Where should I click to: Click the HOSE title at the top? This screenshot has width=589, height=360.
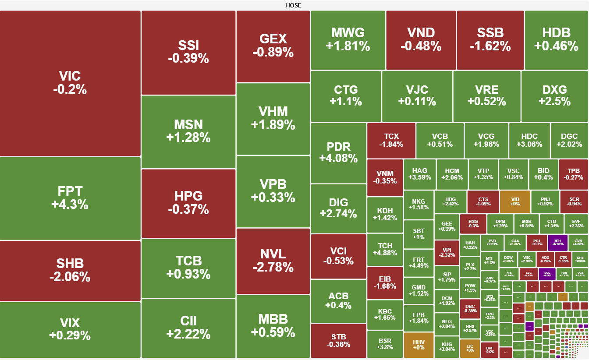pos(293,5)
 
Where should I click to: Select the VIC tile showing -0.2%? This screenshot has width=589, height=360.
pos(70,83)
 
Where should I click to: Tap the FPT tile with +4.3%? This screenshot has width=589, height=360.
pos(70,198)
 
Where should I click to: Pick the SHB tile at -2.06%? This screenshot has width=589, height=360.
pos(70,270)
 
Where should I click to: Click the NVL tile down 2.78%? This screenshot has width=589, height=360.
pos(273,260)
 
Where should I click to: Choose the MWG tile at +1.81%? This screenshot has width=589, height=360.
pos(348,39)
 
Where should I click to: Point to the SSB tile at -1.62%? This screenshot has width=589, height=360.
pos(490,39)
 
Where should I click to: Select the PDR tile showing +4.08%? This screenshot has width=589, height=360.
pos(338,152)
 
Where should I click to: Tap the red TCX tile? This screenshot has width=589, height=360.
pos(391,140)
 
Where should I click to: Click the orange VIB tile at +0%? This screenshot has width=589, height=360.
pos(515,201)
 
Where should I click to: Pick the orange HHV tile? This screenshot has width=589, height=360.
pos(419,344)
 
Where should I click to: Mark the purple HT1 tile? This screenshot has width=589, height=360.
pos(557,242)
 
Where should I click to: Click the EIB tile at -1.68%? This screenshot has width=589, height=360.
pos(385,282)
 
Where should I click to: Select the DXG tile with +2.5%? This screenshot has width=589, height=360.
pos(554,95)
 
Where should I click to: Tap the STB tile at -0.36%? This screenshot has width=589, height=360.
pos(338,340)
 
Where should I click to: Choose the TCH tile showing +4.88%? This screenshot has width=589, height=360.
pos(385,249)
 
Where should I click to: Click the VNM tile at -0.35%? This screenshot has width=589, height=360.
pos(385,177)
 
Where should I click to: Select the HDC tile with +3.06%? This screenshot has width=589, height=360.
pos(529,140)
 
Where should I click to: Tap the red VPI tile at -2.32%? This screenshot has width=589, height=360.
pos(447,252)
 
